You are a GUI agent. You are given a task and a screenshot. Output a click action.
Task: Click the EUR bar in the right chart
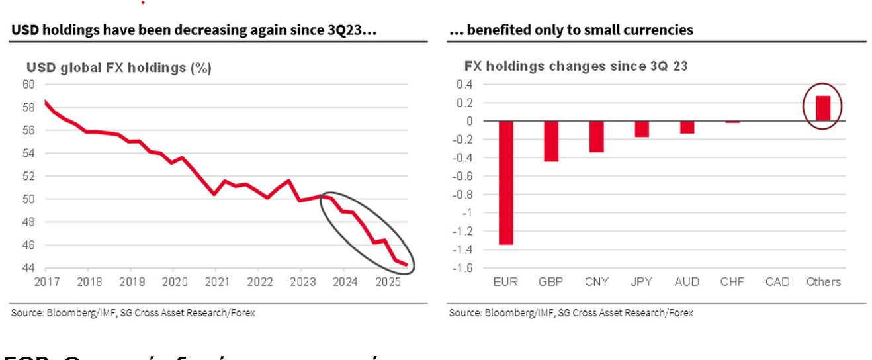point(506,183)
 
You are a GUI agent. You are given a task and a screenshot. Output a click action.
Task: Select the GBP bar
point(552,141)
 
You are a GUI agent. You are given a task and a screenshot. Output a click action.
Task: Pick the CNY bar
point(597,136)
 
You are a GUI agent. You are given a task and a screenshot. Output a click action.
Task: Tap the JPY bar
point(642,129)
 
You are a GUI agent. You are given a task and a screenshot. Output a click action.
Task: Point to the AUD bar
point(687,127)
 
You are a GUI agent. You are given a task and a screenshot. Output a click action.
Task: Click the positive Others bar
point(823,109)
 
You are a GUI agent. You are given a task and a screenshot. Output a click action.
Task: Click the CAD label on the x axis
point(777,281)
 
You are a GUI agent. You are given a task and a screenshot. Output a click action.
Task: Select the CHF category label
point(732,281)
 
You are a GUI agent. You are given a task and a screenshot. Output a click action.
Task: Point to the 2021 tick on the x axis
point(216,281)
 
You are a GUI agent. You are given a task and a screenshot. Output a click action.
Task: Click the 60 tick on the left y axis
point(28,84)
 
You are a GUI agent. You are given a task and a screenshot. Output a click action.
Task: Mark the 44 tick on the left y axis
point(28,268)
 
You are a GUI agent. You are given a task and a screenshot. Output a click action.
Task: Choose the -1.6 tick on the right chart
point(462,268)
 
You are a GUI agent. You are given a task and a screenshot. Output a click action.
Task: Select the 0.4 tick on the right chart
point(465,84)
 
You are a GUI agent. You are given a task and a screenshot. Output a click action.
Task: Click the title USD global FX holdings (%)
point(118,68)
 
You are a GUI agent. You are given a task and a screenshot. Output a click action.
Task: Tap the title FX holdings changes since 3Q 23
point(576,66)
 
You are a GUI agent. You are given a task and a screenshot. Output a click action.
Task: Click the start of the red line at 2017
point(45,101)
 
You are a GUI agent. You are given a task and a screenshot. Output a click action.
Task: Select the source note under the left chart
point(132,313)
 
